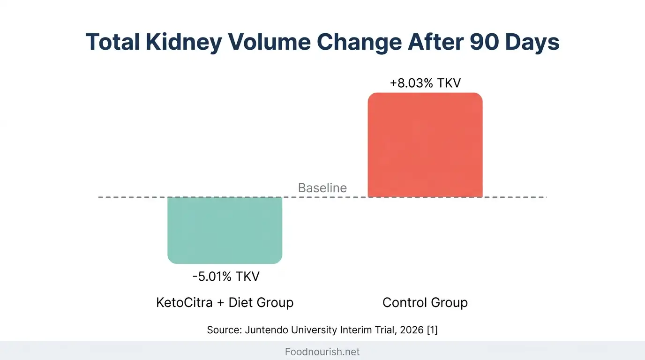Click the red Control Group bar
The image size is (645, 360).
point(425,145)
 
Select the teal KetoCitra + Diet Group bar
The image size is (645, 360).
point(225,230)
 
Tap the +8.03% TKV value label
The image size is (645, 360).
point(425,83)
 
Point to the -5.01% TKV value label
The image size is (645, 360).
point(225,277)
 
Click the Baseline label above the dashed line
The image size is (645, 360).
point(322,188)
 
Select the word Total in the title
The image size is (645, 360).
point(112,42)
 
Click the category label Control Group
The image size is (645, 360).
point(425,302)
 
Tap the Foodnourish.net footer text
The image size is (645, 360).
point(322,352)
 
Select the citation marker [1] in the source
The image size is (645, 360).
point(432,330)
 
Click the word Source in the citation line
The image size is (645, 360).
point(224,330)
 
